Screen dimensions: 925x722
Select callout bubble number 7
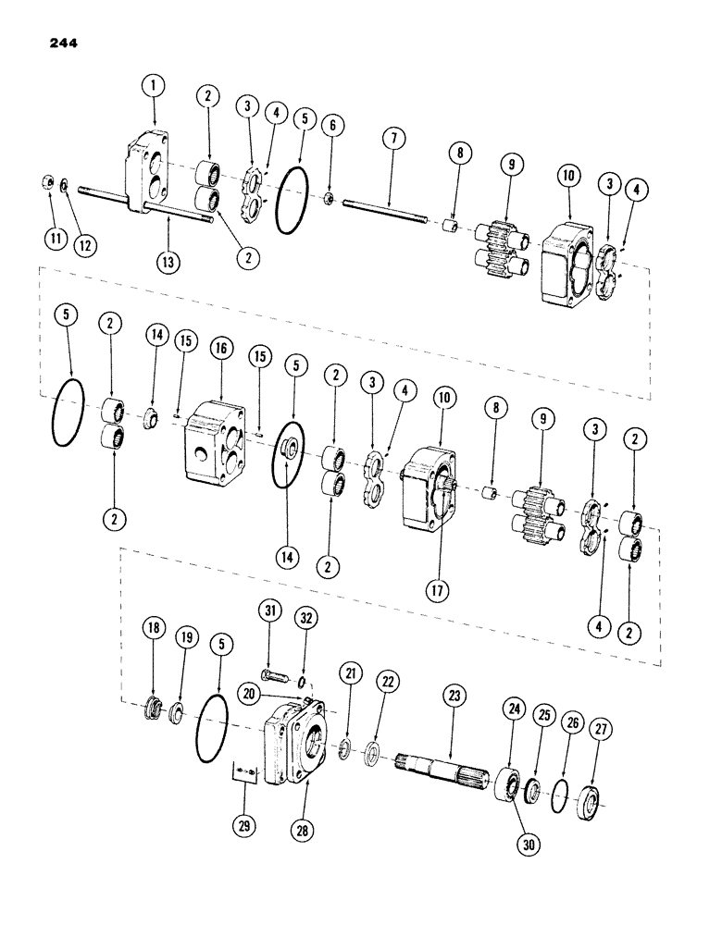394,140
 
